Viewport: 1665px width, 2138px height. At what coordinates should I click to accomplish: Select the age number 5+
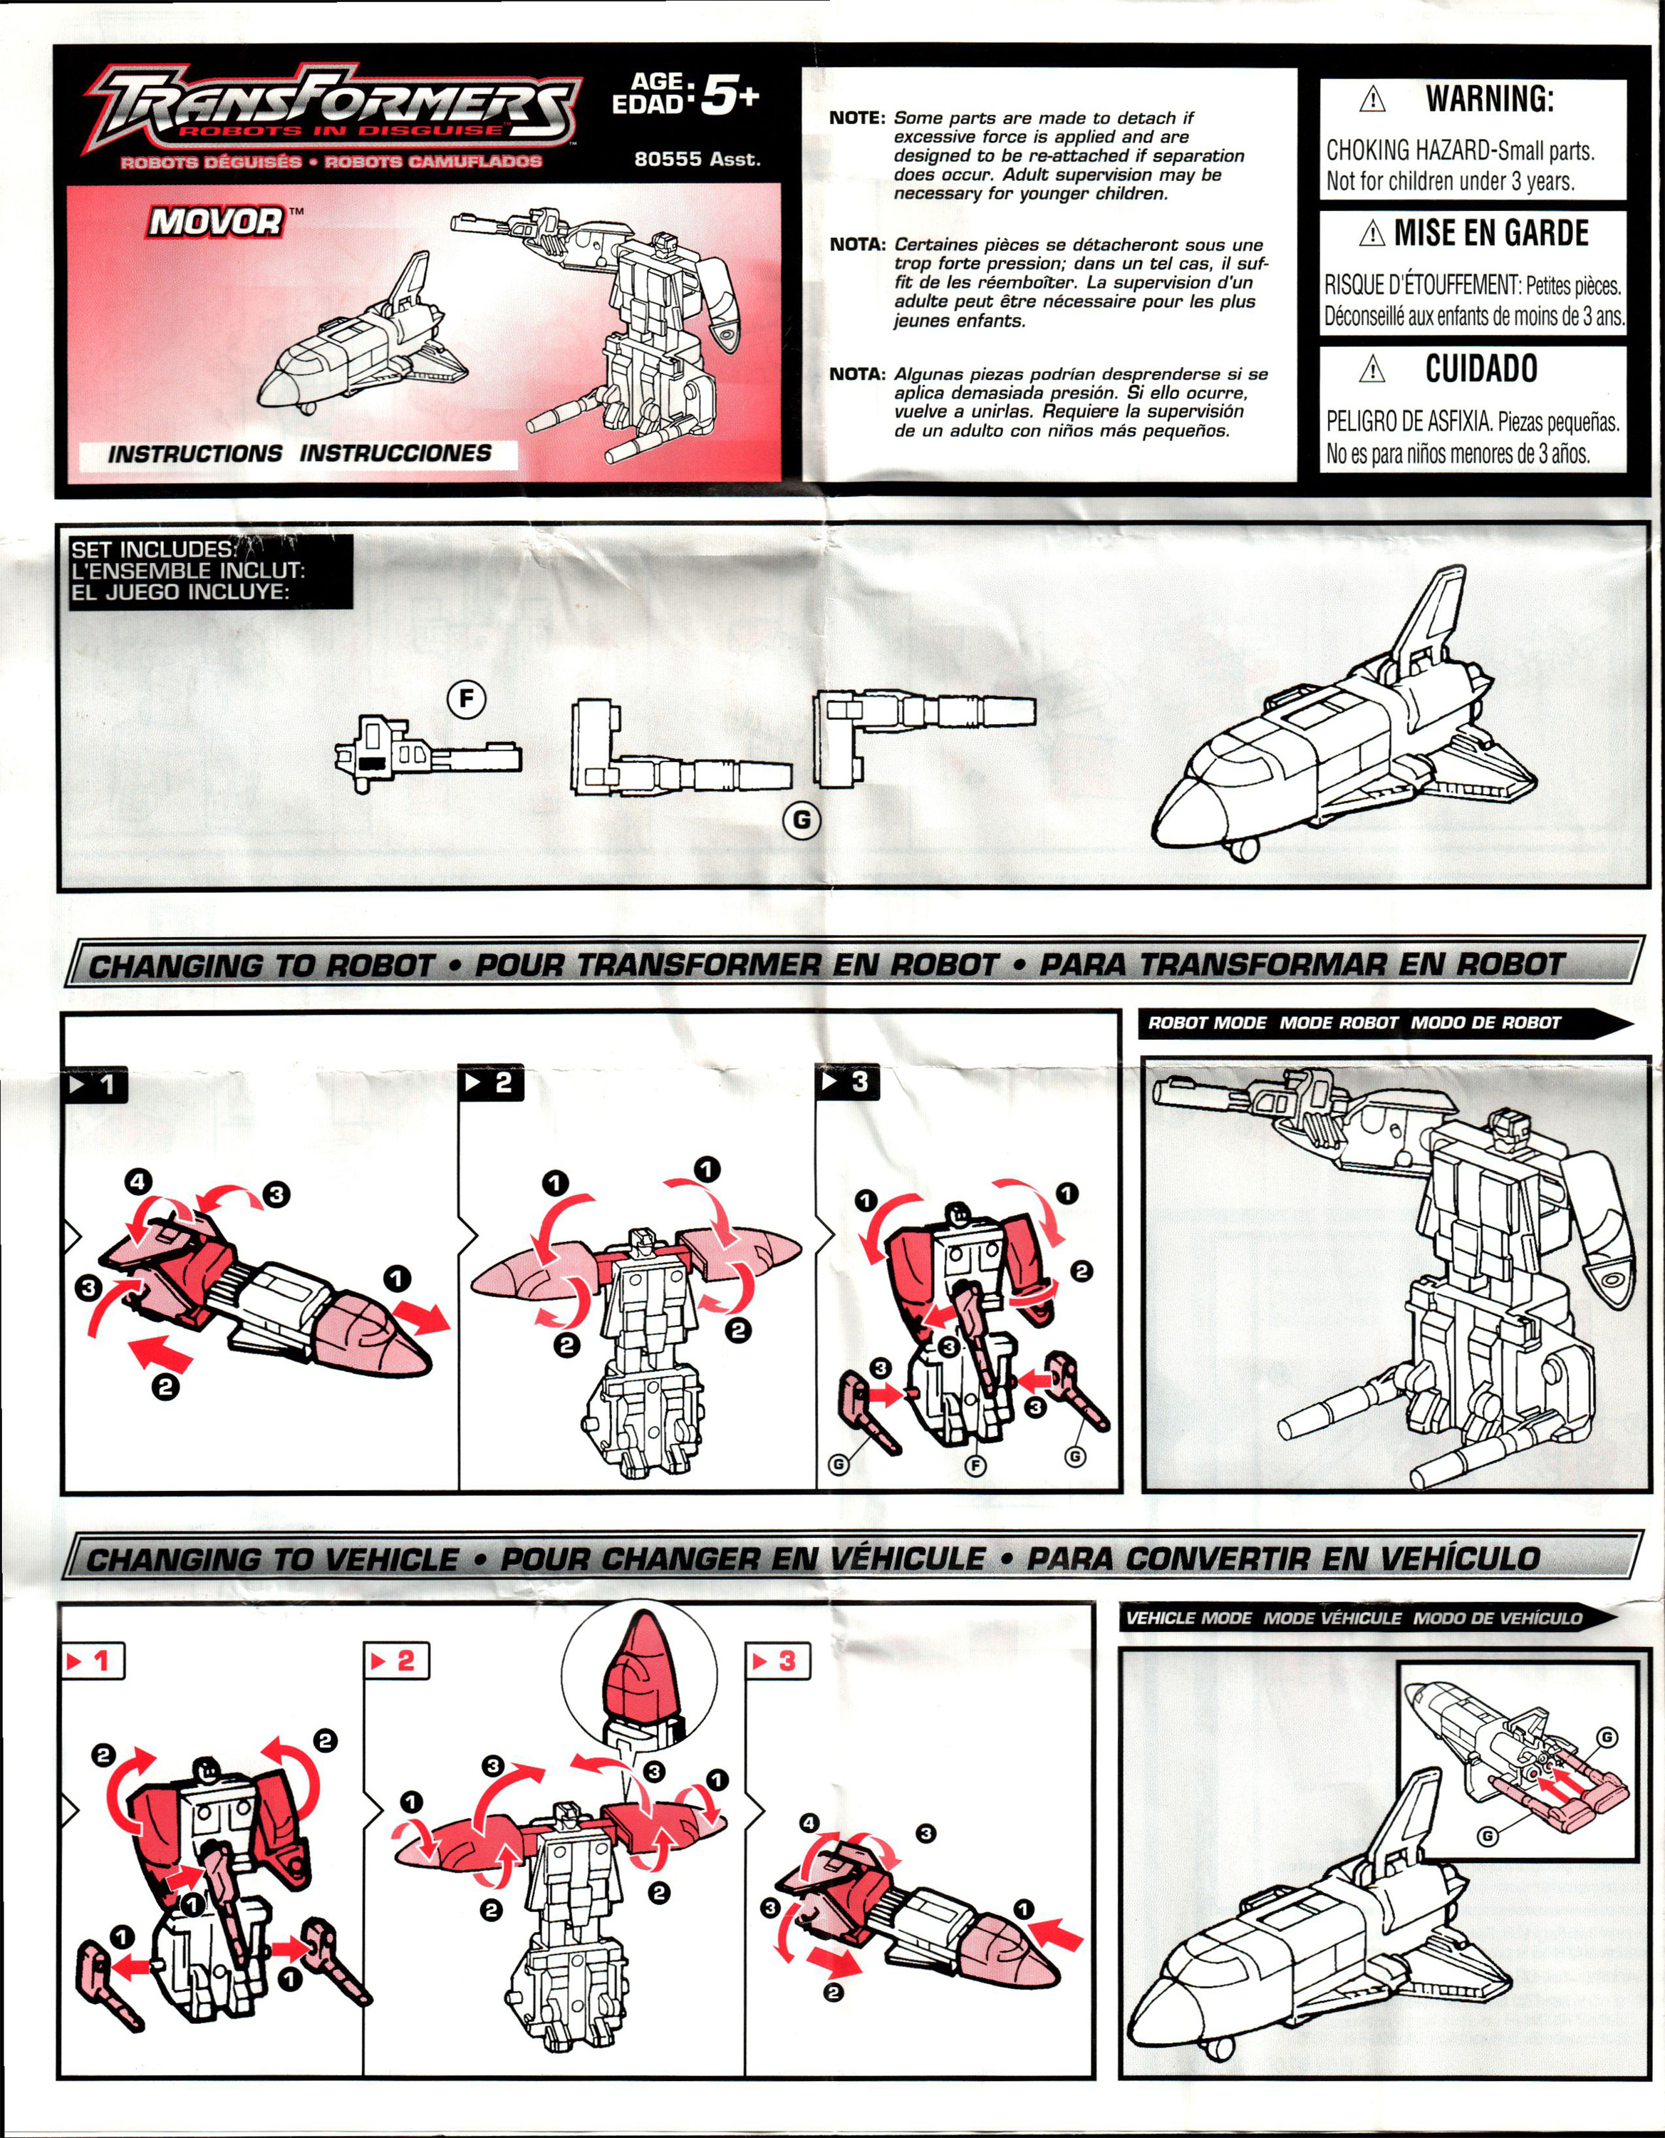pos(730,97)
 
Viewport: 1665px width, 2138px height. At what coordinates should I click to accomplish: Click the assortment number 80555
pos(668,160)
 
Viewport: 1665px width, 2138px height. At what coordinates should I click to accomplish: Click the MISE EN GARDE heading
pos(1490,233)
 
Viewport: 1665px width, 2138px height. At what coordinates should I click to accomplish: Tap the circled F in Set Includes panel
pos(466,699)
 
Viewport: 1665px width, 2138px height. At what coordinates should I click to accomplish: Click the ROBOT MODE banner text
pos(1206,1023)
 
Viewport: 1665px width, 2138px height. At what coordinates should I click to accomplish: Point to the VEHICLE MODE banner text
pos(1188,1618)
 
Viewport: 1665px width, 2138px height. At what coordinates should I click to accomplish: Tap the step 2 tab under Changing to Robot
pos(492,1083)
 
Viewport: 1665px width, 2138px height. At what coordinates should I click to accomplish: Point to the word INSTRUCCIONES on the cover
pos(395,453)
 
